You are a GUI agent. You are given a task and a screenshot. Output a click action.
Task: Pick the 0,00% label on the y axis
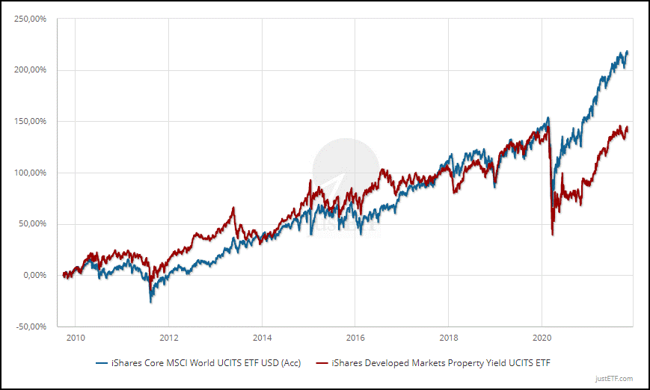click(x=35, y=275)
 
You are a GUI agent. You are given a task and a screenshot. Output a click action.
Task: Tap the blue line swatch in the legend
click(x=101, y=363)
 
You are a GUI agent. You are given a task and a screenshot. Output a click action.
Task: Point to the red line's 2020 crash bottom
click(x=552, y=235)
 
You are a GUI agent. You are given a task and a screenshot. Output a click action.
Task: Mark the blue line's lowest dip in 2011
click(x=151, y=302)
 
